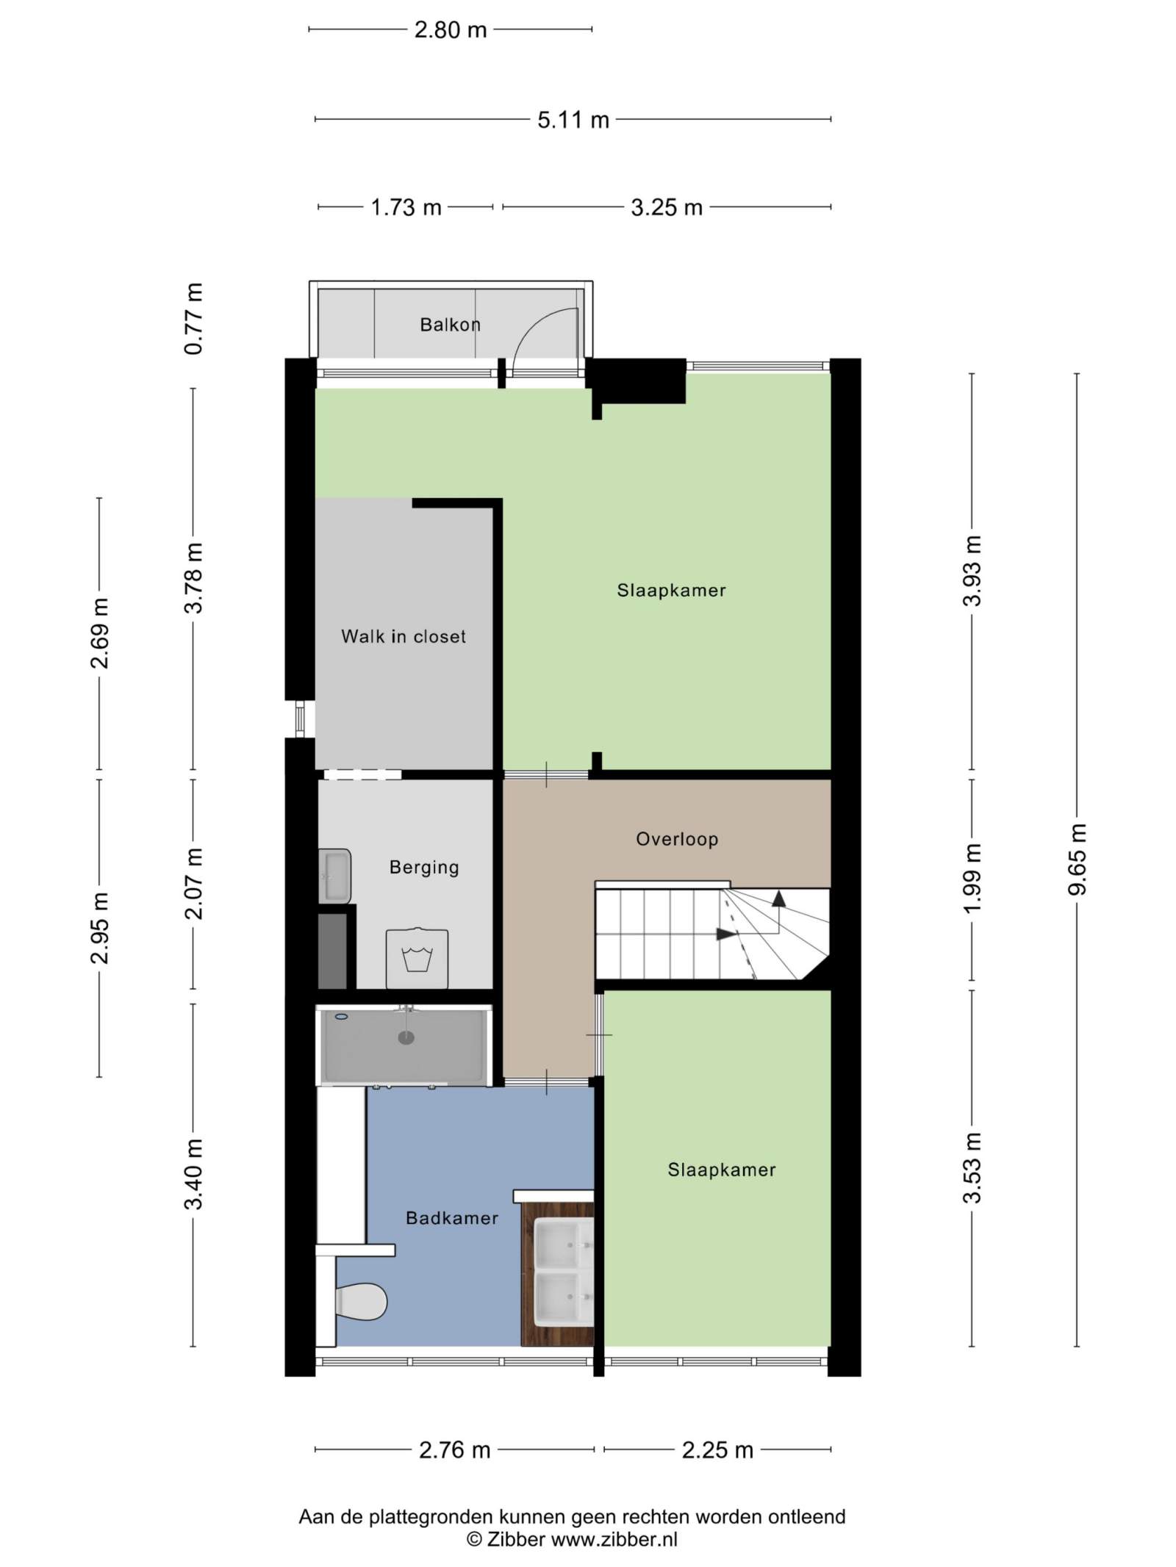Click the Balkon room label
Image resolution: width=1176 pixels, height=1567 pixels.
click(x=450, y=324)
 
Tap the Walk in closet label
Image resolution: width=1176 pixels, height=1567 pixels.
click(x=404, y=636)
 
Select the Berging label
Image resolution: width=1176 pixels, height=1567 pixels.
click(x=424, y=868)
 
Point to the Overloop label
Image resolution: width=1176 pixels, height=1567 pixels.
click(x=677, y=839)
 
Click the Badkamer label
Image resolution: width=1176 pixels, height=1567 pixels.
click(x=452, y=1218)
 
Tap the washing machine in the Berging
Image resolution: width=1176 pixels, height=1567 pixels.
click(x=417, y=958)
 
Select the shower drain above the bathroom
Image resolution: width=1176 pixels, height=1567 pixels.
click(x=406, y=1037)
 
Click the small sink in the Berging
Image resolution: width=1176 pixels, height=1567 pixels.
click(x=334, y=876)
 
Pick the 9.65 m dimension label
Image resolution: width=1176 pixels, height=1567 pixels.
click(x=1077, y=860)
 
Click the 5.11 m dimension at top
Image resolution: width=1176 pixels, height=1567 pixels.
click(x=573, y=120)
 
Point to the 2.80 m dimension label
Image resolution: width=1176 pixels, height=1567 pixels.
click(x=451, y=30)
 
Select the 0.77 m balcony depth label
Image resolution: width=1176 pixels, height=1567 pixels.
click(x=193, y=319)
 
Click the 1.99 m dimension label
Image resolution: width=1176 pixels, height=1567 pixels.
click(x=972, y=879)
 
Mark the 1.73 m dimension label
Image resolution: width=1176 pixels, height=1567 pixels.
click(x=406, y=208)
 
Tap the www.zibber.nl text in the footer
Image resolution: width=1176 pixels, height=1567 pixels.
click(x=614, y=1540)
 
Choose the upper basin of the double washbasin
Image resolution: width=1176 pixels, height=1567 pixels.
click(x=564, y=1242)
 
